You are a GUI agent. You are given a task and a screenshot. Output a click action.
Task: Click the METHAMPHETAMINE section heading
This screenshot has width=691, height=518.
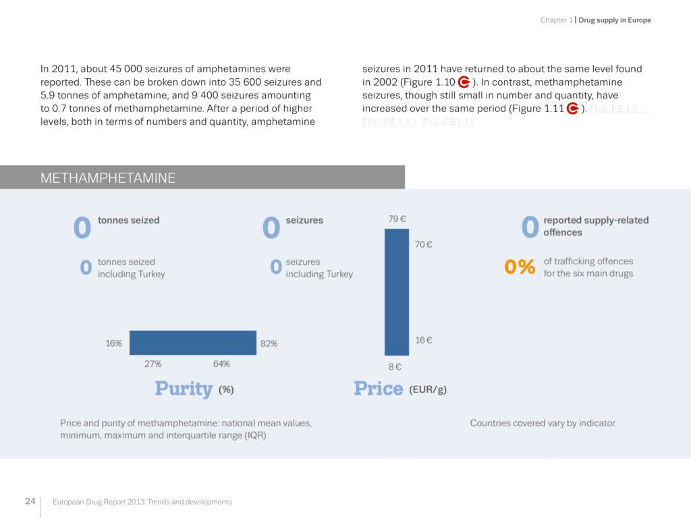pyautogui.click(x=108, y=178)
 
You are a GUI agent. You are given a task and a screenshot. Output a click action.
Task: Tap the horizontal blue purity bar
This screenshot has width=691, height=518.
pyautogui.click(x=192, y=343)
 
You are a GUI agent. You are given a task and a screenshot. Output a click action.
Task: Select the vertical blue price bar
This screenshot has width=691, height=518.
pyautogui.click(x=397, y=292)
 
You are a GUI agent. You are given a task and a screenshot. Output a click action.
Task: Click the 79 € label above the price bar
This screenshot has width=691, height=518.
pyautogui.click(x=397, y=219)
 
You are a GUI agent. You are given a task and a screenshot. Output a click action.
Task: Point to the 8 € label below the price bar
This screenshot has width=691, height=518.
pyautogui.click(x=395, y=367)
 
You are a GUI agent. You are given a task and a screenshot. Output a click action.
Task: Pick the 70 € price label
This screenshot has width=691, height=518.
pyautogui.click(x=424, y=245)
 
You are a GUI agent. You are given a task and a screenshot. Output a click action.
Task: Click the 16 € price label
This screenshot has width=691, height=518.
pyautogui.click(x=424, y=341)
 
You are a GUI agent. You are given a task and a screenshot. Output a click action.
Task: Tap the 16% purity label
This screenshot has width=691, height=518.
pyautogui.click(x=114, y=343)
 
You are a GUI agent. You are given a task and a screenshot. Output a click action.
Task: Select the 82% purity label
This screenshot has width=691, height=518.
pyautogui.click(x=269, y=343)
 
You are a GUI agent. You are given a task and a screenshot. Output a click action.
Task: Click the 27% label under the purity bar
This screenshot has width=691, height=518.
pyautogui.click(x=153, y=364)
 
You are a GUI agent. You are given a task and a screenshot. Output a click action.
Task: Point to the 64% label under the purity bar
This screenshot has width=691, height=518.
pyautogui.click(x=221, y=364)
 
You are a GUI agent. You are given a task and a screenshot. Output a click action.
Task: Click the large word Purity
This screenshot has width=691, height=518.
pyautogui.click(x=184, y=388)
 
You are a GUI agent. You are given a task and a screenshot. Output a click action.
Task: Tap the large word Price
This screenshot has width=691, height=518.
pyautogui.click(x=378, y=388)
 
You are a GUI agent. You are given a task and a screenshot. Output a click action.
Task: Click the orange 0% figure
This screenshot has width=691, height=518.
pyautogui.click(x=520, y=267)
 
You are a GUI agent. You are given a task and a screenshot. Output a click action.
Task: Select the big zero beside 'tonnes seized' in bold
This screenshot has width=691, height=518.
pyautogui.click(x=82, y=227)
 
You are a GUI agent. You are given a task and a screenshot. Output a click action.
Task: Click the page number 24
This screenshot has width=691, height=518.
pyautogui.click(x=30, y=501)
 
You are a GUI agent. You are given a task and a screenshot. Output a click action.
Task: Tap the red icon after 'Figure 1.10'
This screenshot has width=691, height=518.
pyautogui.click(x=464, y=82)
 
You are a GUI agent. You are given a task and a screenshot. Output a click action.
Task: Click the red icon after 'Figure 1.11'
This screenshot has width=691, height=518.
pyautogui.click(x=572, y=109)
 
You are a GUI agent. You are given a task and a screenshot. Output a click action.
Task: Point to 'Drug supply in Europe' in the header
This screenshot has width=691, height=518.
pyautogui.click(x=615, y=20)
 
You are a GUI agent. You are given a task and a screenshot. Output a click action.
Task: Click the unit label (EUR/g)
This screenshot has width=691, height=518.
pyautogui.click(x=428, y=389)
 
